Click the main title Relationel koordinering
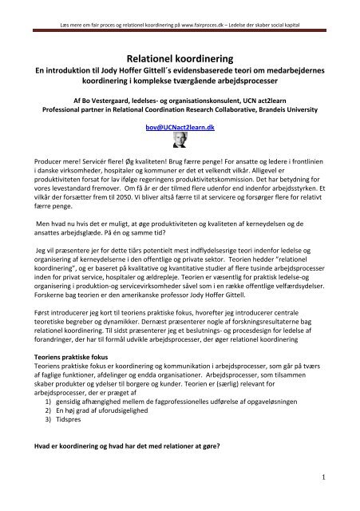(180, 59)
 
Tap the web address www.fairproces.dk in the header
(219, 7)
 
